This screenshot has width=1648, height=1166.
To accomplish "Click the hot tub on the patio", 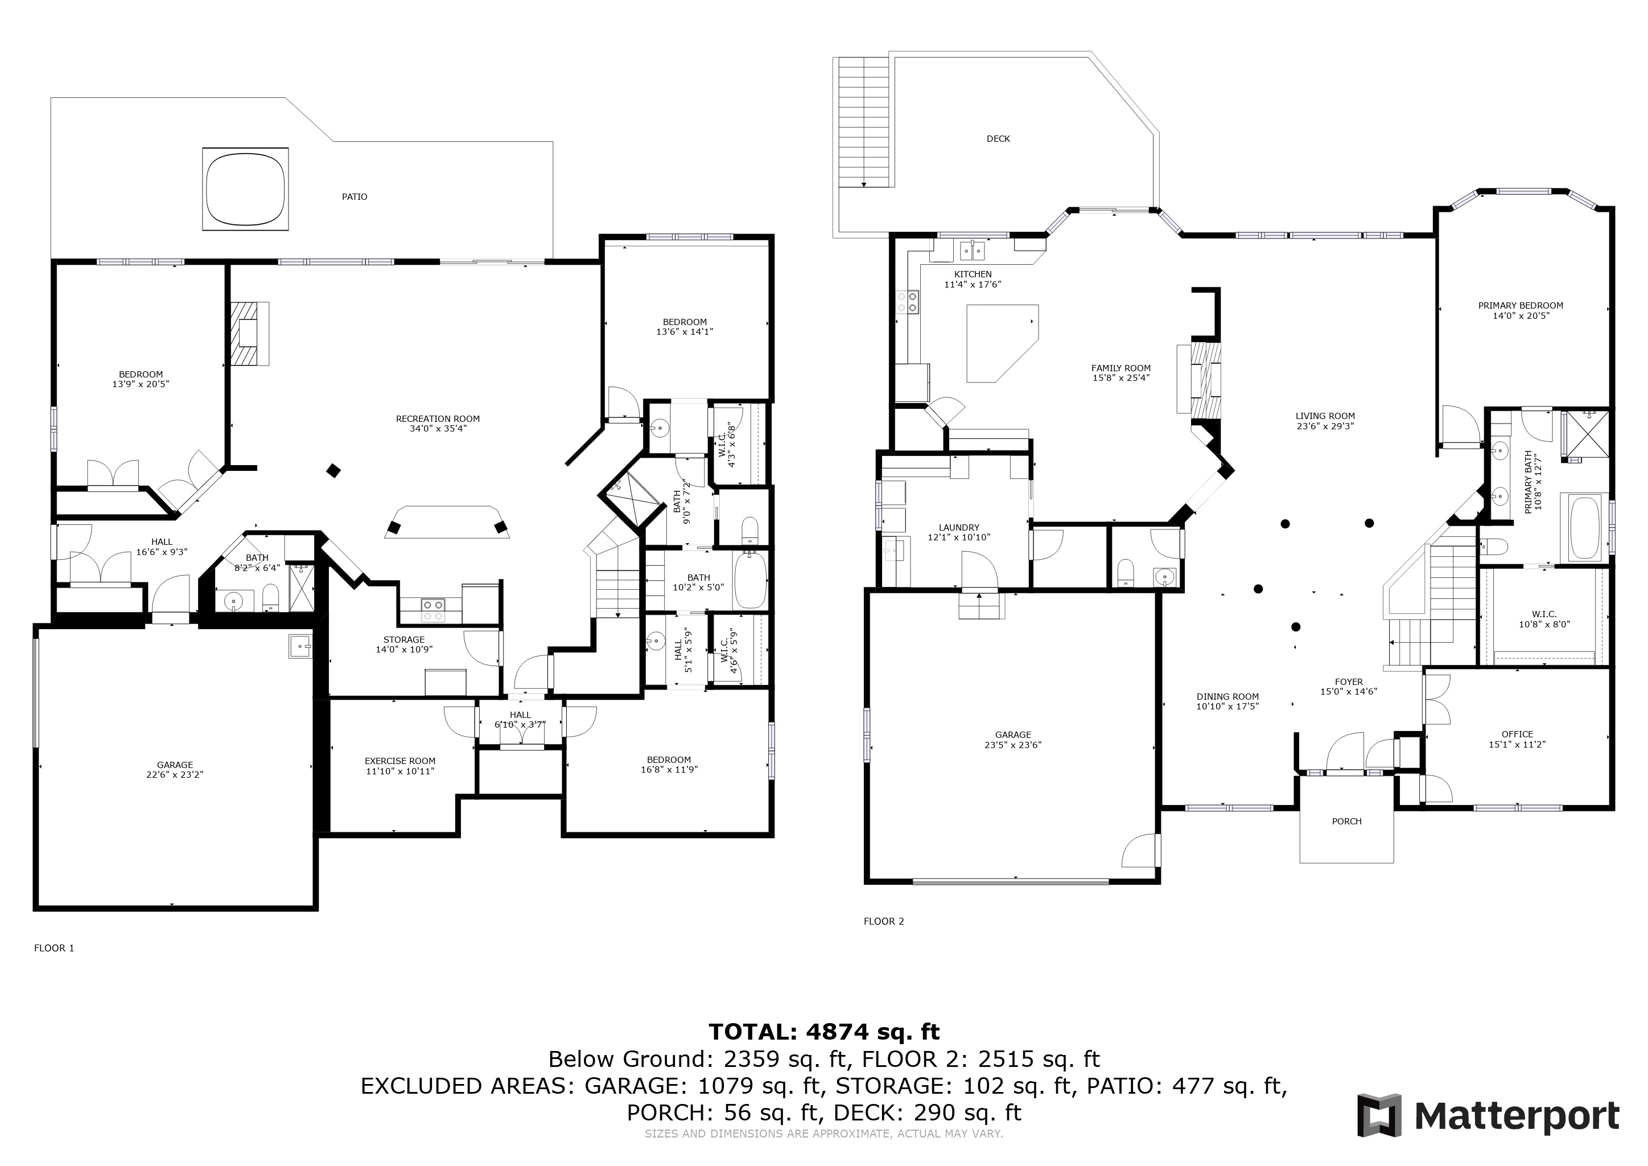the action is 245,189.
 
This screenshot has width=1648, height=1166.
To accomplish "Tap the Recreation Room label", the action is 438,418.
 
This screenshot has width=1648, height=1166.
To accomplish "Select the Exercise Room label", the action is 400,761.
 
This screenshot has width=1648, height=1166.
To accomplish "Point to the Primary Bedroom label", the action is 1520,305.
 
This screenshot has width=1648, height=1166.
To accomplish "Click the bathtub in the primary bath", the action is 1585,528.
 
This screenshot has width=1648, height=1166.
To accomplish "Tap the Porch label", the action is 1346,822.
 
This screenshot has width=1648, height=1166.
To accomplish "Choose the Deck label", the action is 998,138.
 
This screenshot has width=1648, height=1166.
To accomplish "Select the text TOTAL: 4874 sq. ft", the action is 824,1032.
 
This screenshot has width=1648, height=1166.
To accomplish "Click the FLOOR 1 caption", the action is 55,948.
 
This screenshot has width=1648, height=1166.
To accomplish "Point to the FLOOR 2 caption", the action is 884,921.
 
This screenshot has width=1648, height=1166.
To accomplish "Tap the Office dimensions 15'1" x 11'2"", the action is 1517,745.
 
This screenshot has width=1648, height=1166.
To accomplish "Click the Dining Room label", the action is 1227,696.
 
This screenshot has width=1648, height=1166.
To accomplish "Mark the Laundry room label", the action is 959,527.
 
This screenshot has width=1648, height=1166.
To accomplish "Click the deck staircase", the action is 864,122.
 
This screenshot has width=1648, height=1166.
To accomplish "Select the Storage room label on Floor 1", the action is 404,640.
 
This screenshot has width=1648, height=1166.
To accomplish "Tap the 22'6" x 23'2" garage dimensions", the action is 175,775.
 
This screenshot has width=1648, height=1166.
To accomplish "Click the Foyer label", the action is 1349,682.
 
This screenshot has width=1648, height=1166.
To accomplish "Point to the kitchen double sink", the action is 972,251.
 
